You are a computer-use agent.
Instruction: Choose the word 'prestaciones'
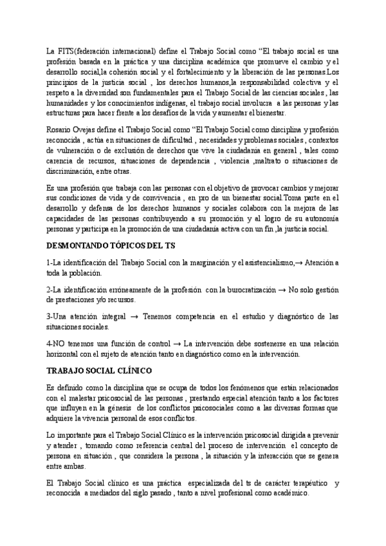pos(68,301)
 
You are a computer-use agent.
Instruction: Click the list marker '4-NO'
pos(56,344)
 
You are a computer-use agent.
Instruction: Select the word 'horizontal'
pos(63,354)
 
